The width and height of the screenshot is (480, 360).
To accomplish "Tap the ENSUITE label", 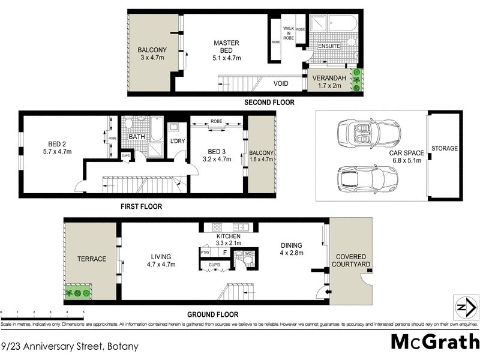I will tap(329, 46).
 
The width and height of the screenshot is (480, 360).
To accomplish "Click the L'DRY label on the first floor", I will tap(177, 141).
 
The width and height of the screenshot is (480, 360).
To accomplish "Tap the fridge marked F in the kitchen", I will tap(224, 253).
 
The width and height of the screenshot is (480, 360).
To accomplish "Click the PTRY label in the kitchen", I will tap(205, 253).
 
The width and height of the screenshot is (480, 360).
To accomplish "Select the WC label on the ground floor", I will tap(247, 253).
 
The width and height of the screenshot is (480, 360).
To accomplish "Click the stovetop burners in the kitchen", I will tap(218, 227).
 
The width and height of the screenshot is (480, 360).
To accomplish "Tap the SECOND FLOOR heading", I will tap(269, 103).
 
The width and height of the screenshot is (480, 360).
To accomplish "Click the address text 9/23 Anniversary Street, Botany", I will tap(70, 346).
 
